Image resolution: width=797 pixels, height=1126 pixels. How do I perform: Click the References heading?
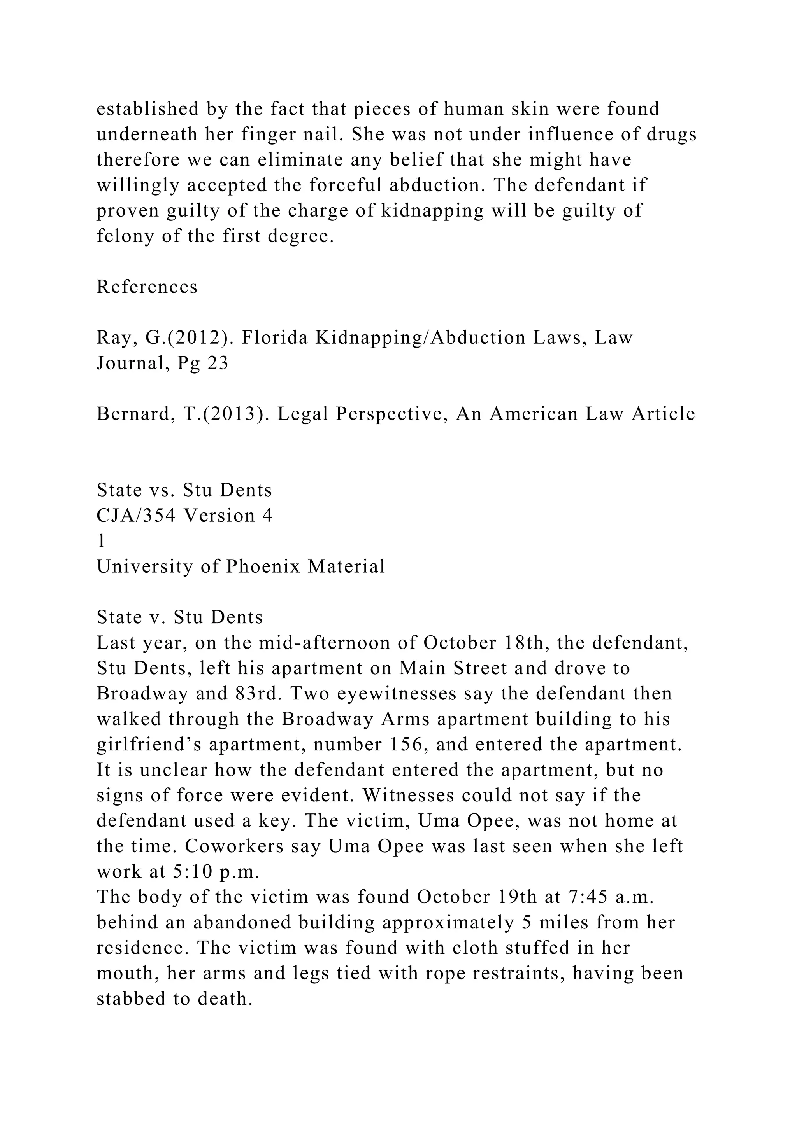pos(147,287)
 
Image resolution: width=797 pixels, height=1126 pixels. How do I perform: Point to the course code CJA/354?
pos(136,516)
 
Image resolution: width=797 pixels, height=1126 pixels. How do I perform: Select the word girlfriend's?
pos(150,745)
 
